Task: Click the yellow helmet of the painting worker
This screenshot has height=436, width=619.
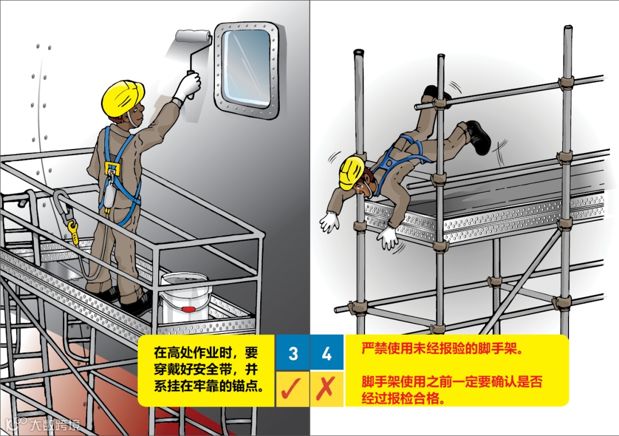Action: pyautogui.click(x=123, y=97)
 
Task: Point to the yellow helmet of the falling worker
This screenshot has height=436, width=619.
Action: pyautogui.click(x=351, y=172)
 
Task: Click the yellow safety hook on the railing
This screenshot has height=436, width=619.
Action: pyautogui.click(x=73, y=230)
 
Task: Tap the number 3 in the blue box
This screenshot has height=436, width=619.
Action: pyautogui.click(x=293, y=353)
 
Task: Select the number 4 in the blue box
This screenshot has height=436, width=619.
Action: pyautogui.click(x=327, y=353)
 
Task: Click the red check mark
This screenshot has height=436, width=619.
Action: pyautogui.click(x=291, y=388)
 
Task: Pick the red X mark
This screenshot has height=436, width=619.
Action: pyautogui.click(x=326, y=388)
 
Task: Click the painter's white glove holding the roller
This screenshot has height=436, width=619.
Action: pyautogui.click(x=187, y=85)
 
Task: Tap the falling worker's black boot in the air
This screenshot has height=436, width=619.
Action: pyautogui.click(x=479, y=136)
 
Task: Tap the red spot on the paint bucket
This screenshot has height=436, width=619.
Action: pyautogui.click(x=189, y=309)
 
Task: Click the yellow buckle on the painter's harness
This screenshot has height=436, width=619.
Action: pyautogui.click(x=112, y=168)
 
